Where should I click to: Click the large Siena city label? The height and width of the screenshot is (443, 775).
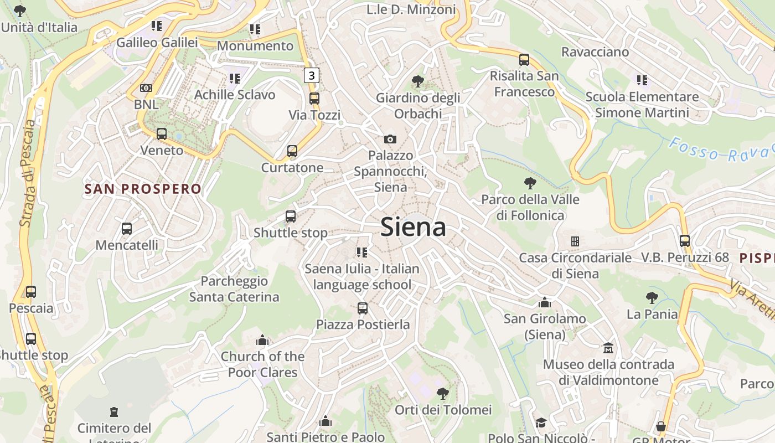click(413, 228)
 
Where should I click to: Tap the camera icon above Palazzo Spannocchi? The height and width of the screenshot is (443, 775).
click(390, 139)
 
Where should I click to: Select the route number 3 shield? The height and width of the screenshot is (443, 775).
click(312, 75)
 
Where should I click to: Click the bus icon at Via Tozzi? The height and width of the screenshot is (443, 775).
click(314, 99)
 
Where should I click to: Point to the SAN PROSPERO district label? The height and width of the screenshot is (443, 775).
click(143, 189)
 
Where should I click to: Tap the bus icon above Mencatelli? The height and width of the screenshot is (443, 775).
click(127, 228)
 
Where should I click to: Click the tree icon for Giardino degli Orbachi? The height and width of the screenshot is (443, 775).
click(418, 82)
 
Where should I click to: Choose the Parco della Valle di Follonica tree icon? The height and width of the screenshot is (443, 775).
click(530, 183)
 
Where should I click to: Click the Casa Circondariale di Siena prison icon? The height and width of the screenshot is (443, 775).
click(575, 241)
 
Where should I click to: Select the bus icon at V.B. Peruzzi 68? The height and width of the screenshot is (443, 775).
click(685, 241)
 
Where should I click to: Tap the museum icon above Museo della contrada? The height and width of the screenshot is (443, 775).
click(608, 348)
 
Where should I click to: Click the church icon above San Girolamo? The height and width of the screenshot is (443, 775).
click(545, 302)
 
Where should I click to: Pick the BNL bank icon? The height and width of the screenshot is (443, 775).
click(146, 88)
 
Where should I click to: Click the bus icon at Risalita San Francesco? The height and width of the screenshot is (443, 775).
click(524, 60)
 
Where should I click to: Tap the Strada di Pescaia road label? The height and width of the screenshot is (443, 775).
click(27, 173)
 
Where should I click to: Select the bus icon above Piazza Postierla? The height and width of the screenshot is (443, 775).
click(363, 308)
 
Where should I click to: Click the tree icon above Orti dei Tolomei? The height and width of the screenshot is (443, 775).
click(442, 394)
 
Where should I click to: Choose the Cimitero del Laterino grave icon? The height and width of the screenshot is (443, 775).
click(114, 412)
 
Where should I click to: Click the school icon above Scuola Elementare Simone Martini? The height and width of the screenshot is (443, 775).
click(642, 80)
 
